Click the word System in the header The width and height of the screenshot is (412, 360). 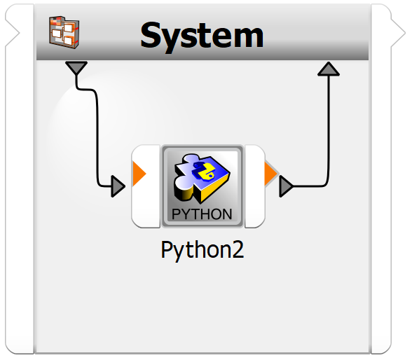tap(202, 36)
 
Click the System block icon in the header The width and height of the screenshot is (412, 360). tap(64, 32)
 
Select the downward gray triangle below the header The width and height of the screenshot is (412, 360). tap(76, 68)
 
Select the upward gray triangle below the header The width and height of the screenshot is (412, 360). tap(329, 69)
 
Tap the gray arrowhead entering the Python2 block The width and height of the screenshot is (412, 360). tap(118, 186)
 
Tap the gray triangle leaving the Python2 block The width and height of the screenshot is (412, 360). tap(286, 186)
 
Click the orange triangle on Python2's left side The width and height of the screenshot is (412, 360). tap(139, 174)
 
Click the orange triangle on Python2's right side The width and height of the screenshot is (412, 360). tap(270, 174)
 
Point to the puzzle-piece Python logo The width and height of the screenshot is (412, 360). tap(202, 179)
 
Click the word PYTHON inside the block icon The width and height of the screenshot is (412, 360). tap(202, 214)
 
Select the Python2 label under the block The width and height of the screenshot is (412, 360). tap(202, 250)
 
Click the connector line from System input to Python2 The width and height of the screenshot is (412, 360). tap(97, 131)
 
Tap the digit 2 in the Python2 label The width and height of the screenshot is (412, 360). tap(238, 249)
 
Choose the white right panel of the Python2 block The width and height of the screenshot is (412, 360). tap(254, 186)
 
